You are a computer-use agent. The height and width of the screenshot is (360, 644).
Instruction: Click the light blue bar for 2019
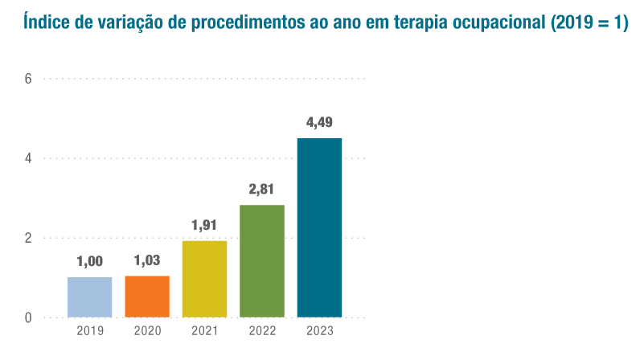point(89,297)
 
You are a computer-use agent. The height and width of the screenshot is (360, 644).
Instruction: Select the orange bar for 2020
point(147,297)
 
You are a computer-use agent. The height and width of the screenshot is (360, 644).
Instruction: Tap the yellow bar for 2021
point(204,279)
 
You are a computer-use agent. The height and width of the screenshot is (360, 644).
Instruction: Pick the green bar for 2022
point(262,261)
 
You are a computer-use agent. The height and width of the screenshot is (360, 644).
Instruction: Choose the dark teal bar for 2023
point(319,227)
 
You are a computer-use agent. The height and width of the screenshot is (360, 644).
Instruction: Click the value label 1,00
point(89,261)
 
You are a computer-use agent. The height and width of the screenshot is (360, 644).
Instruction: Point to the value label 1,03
point(147,260)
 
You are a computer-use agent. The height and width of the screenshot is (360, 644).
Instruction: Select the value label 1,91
point(204,225)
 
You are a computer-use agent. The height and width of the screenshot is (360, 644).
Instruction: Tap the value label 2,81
point(262,190)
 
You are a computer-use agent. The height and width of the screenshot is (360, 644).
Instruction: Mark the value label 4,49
point(319,123)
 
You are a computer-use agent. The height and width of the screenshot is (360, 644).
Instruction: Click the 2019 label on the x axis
point(89,331)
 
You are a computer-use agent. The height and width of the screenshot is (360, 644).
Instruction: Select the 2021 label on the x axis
point(204,331)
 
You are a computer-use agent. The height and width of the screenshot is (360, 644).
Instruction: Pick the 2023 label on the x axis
point(319,331)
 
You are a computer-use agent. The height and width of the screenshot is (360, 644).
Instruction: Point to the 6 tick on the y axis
point(28,79)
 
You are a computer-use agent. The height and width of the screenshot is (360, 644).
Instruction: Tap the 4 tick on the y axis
point(28,158)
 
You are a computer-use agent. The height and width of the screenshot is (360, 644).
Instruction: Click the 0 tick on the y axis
point(28,317)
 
